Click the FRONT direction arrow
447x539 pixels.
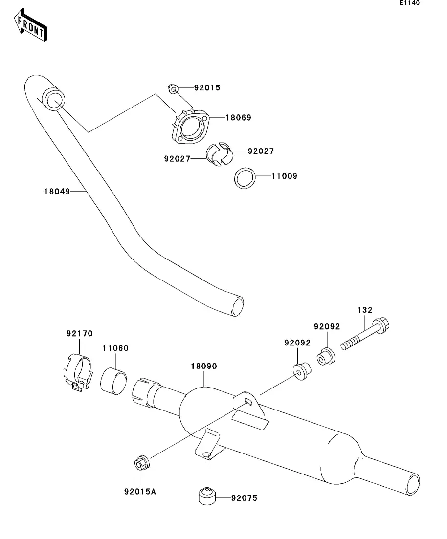[x=30, y=25]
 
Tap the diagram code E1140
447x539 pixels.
[x=409, y=3]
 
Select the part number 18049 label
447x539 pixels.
[x=57, y=192]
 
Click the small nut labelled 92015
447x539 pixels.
[x=173, y=89]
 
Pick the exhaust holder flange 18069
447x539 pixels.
[x=190, y=126]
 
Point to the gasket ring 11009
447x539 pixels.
[x=245, y=178]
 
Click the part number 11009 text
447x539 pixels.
[x=284, y=176]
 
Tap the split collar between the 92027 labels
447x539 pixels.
[x=219, y=153]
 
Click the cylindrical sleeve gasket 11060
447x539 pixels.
[x=113, y=381]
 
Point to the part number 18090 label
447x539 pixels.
[x=204, y=366]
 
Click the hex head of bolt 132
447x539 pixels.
[x=380, y=325]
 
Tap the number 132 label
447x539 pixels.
[x=365, y=310]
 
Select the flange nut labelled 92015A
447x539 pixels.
[x=141, y=464]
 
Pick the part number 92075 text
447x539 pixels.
[x=244, y=498]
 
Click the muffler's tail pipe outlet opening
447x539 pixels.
[x=413, y=485]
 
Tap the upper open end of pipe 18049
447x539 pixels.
[x=54, y=100]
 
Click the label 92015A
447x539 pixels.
[x=140, y=492]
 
